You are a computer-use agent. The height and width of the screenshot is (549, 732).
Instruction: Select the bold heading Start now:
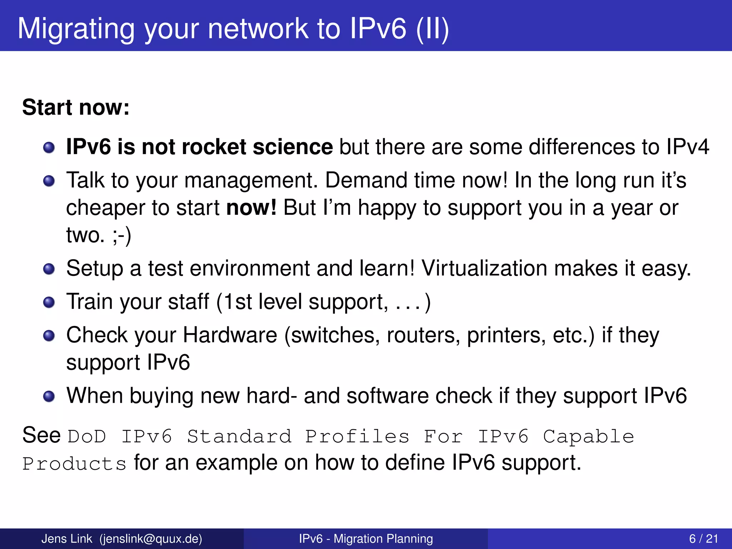click(76, 107)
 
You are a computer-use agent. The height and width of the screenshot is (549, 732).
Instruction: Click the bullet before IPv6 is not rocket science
click(49, 147)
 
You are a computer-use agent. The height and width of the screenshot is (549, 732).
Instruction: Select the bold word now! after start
click(251, 208)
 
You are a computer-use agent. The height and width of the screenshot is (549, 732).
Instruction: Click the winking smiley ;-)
click(122, 236)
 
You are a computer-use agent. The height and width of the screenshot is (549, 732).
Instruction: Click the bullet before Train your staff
click(49, 302)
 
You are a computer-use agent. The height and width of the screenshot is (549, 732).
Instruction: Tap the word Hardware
click(230, 335)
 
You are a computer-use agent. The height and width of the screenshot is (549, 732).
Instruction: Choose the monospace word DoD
click(87, 437)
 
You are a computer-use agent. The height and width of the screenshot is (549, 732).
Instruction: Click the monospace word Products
click(74, 464)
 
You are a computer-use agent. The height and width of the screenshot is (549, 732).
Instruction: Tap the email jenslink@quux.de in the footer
click(151, 539)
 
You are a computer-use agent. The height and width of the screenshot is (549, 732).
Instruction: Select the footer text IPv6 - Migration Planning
click(366, 539)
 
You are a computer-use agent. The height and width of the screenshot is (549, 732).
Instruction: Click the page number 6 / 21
click(703, 539)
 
